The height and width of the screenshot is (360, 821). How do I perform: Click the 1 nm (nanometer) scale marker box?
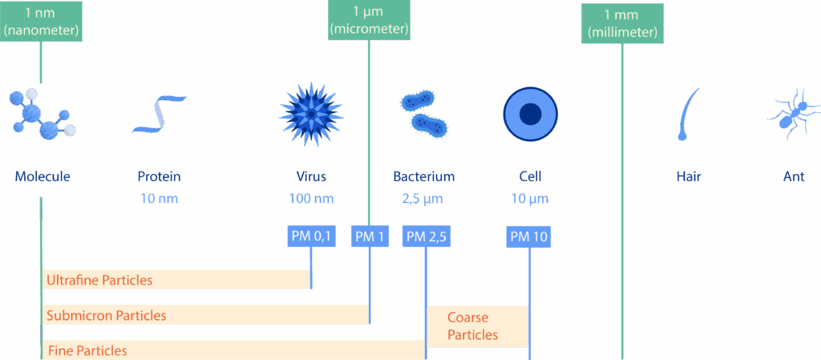point(40,22)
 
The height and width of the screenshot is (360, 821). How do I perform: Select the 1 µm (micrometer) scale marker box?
point(369,20)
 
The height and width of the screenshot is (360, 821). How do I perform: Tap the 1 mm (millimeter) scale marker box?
point(622,24)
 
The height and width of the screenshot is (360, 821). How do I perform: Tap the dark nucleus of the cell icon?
point(530,115)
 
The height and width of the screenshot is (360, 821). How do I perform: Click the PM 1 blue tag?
point(370,236)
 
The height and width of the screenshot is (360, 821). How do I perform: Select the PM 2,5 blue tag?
point(426,236)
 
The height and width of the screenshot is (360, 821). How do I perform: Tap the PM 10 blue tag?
point(529,236)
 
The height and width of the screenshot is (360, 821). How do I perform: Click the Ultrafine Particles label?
point(99,281)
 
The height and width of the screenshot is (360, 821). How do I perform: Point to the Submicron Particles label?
point(107,315)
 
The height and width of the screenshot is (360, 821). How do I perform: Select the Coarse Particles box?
point(477,326)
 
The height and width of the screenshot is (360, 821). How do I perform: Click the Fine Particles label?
point(87,350)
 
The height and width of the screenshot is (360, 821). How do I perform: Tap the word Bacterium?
point(423,176)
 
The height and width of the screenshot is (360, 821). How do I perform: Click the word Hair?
point(688,176)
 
